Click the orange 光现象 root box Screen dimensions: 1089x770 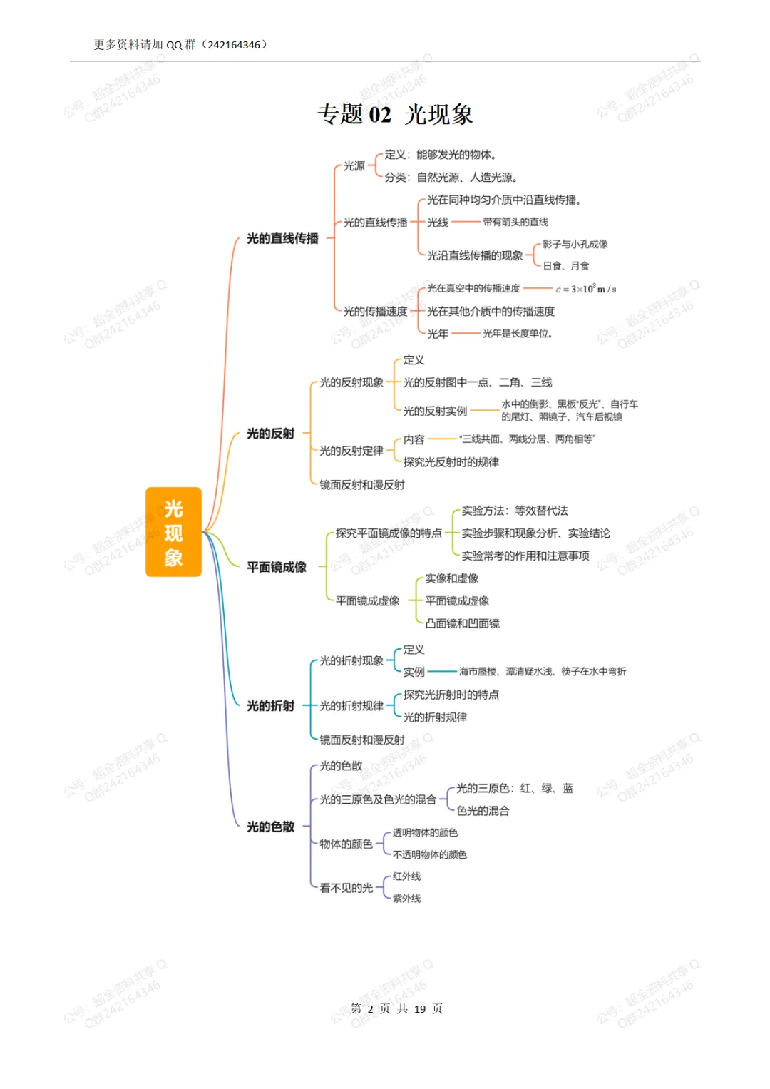[173, 532]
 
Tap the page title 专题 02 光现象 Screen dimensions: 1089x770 [395, 114]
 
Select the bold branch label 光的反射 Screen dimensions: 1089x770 [270, 434]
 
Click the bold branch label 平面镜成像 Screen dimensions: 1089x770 [277, 567]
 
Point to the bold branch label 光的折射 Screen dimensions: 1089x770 [270, 706]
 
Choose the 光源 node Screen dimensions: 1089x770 [354, 166]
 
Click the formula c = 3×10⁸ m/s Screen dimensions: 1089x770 [586, 289]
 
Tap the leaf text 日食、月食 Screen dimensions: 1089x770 [566, 266]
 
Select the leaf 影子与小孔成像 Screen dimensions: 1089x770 [575, 244]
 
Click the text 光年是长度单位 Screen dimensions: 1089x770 [518, 334]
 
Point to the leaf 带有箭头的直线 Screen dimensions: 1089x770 [515, 223]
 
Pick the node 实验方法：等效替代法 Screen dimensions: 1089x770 [515, 511]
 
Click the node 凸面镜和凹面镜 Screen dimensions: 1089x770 [462, 623]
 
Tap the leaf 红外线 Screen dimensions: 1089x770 [406, 876]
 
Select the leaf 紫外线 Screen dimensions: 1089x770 [406, 899]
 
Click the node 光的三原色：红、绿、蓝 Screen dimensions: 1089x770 [515, 788]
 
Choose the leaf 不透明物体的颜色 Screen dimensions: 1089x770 [430, 854]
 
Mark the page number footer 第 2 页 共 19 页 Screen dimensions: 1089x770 [396, 1008]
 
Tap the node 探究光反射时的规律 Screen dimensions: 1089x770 [451, 462]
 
